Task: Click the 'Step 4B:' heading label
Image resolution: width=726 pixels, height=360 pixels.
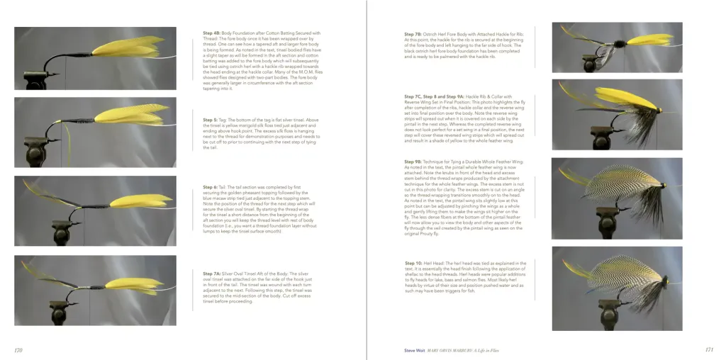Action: tap(211, 33)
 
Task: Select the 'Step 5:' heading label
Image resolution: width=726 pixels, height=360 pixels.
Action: tap(210, 120)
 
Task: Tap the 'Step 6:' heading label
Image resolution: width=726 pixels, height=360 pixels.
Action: tap(210, 187)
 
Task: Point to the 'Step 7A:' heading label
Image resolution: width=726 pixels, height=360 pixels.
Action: tap(212, 273)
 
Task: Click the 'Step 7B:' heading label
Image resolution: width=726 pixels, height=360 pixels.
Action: tap(413, 34)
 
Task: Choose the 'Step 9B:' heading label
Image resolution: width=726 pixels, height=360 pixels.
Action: tap(413, 162)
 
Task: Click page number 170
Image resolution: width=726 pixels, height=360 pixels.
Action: tap(18, 350)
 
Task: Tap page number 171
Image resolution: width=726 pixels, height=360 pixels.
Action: tap(708, 349)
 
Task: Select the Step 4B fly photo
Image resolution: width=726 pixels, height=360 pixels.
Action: tap(95, 58)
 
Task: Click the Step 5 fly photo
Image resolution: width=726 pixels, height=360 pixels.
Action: tap(95, 127)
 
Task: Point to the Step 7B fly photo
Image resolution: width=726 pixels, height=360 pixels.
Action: tap(617, 47)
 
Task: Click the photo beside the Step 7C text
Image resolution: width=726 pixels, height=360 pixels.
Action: tap(617, 114)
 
